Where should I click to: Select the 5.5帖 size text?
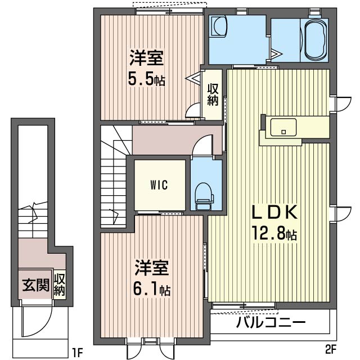point(146,79)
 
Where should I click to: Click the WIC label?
point(159,185)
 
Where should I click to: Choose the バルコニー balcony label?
point(271,323)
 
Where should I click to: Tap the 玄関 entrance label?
point(35,285)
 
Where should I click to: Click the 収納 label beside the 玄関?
point(60,285)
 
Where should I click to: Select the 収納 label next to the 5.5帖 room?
point(212,94)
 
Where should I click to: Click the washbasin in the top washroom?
point(218,26)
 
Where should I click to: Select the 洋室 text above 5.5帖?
point(147,58)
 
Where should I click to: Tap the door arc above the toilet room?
point(202,146)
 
